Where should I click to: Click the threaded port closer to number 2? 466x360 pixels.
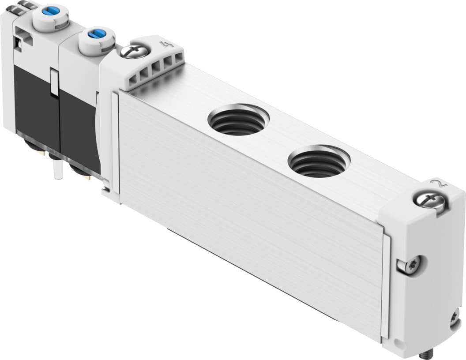point(319,161)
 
